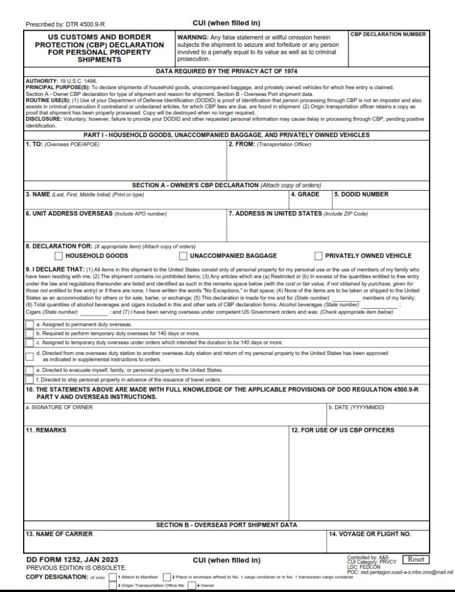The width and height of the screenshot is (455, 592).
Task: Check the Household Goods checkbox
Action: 58,256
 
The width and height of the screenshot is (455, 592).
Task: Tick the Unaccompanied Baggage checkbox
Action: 183,256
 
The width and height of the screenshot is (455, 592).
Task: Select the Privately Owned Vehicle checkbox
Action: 318,256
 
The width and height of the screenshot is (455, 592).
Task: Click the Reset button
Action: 416,559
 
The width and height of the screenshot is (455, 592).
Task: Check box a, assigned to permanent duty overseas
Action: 29,325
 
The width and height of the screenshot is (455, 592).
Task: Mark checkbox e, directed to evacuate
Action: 29,370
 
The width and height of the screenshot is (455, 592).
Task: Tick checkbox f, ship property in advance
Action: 29,380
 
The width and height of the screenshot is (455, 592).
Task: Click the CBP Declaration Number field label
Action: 388,35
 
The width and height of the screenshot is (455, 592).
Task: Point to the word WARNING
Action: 193,36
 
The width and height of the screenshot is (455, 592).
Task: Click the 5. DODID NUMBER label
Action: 361,195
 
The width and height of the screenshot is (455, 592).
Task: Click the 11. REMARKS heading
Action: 46,431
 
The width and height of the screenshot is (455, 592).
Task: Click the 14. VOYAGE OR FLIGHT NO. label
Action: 370,534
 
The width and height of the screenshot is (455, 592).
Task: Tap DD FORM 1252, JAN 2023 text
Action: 65,560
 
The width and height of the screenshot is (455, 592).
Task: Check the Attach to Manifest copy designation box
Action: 113,577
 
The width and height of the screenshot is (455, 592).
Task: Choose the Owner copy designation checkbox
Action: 192,586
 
